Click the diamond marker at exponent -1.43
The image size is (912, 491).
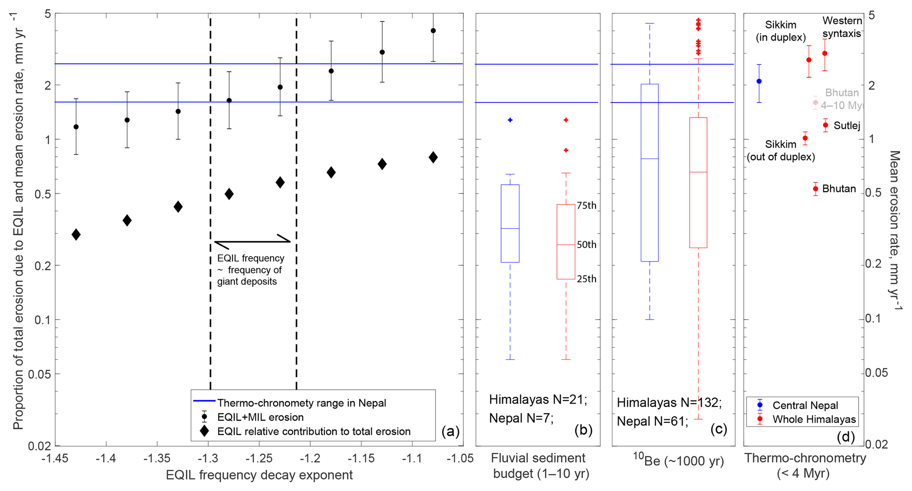click(76, 234)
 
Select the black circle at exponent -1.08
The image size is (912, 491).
click(433, 31)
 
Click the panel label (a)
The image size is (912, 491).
click(450, 431)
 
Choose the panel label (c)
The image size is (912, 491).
click(718, 429)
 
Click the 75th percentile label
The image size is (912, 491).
click(586, 206)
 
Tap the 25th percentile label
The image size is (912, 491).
click(586, 279)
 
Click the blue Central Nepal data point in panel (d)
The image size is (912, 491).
click(759, 81)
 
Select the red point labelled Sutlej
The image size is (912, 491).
click(826, 125)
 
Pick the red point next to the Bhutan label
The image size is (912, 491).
click(816, 189)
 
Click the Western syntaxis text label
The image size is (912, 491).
click(842, 27)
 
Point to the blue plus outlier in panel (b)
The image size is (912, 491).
click(510, 120)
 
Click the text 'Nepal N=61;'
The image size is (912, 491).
click(652, 421)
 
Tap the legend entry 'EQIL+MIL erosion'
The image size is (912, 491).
click(260, 417)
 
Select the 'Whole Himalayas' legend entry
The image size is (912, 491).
click(814, 419)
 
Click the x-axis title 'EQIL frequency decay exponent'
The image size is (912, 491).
click(259, 475)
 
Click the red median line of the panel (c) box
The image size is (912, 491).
click(698, 172)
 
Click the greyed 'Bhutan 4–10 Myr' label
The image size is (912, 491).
click(842, 99)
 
